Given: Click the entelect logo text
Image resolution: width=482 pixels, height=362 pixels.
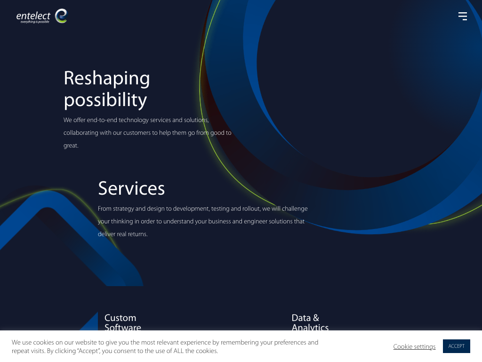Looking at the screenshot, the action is point(33,16).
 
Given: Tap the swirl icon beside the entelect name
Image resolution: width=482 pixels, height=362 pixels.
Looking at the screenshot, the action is point(61,16).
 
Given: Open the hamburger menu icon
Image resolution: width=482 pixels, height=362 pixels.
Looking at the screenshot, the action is point(463,16).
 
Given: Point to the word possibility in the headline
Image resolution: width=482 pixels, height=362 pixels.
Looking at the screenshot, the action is point(105,100).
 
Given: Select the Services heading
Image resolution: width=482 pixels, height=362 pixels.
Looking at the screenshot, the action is point(131,189).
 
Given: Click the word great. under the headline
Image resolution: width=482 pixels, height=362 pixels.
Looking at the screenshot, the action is point(71,146).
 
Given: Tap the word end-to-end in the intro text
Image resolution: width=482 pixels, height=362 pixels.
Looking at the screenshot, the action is point(102,120).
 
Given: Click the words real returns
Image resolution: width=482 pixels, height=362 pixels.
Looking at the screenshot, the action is point(132,234).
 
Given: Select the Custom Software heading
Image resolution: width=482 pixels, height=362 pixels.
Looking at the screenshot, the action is point(123,322).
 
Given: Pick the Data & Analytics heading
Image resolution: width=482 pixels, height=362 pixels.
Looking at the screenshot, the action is point(310,322).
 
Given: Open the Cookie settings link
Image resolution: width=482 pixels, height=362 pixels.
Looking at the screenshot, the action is point(414,346).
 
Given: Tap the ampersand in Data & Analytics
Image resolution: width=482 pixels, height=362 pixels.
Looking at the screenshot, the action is point(316,318).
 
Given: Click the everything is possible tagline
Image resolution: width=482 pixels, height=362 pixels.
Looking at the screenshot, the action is point(35,22).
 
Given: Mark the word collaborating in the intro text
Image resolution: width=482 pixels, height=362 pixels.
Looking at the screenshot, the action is point(81,133).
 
